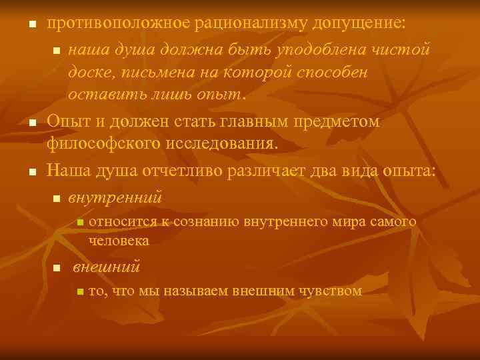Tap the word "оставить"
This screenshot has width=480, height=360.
(x=99, y=93)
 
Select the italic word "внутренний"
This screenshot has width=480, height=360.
(x=115, y=197)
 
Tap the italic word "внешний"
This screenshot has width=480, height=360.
(x=106, y=268)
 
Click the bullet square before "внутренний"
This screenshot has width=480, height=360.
(x=57, y=199)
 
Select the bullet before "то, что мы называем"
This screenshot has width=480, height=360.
(x=79, y=291)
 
